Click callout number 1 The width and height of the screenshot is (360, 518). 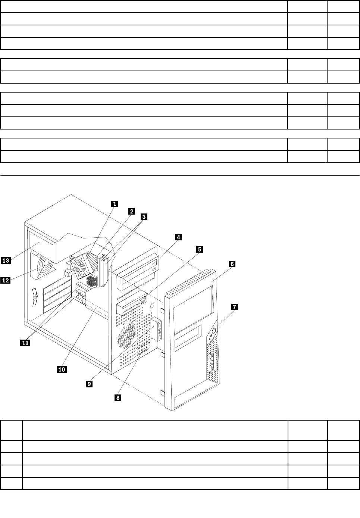(x=115, y=204)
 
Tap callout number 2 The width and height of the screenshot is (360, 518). (x=131, y=211)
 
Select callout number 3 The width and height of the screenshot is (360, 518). (x=144, y=216)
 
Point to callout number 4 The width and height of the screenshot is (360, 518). (x=178, y=237)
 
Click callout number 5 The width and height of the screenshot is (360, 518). (x=200, y=249)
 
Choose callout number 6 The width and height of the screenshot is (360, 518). (x=232, y=264)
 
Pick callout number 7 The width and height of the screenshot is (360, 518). (x=234, y=307)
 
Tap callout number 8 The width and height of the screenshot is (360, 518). (x=118, y=398)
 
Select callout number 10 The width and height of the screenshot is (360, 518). (x=62, y=369)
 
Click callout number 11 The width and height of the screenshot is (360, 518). (x=25, y=343)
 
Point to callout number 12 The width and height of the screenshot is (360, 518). (x=5, y=280)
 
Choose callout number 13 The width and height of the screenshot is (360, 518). (x=5, y=260)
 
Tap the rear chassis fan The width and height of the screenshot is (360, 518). (x=44, y=267)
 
